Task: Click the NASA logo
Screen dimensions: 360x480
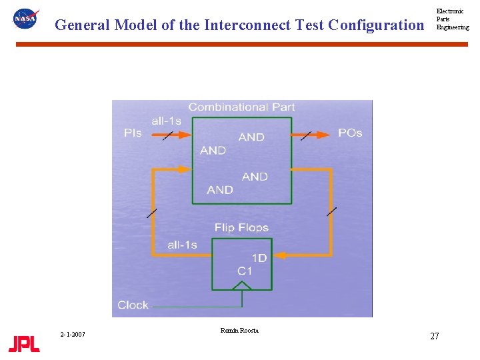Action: pyautogui.click(x=26, y=19)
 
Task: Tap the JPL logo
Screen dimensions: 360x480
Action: pyautogui.click(x=24, y=344)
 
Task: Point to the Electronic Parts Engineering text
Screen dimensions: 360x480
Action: pyautogui.click(x=452, y=19)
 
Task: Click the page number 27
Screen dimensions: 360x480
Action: pyautogui.click(x=434, y=336)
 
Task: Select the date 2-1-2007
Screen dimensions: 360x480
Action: pyautogui.click(x=72, y=334)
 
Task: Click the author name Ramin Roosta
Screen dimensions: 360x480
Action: pyautogui.click(x=239, y=331)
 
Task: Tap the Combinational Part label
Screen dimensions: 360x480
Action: pyautogui.click(x=241, y=107)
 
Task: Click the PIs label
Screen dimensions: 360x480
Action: pyautogui.click(x=133, y=133)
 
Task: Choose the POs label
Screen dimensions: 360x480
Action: pyautogui.click(x=350, y=133)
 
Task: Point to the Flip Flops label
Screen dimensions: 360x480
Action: pyautogui.click(x=241, y=228)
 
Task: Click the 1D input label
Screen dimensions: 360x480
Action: pyautogui.click(x=259, y=258)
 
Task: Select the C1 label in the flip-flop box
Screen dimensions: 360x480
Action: pyautogui.click(x=245, y=271)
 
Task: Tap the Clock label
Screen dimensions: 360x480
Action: pyautogui.click(x=133, y=305)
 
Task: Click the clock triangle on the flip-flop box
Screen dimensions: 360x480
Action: pyautogui.click(x=242, y=285)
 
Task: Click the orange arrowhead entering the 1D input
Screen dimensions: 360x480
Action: pyautogui.click(x=281, y=255)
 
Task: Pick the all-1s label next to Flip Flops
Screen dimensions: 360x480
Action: pyautogui.click(x=182, y=245)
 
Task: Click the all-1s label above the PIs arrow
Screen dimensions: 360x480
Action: pyautogui.click(x=166, y=121)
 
